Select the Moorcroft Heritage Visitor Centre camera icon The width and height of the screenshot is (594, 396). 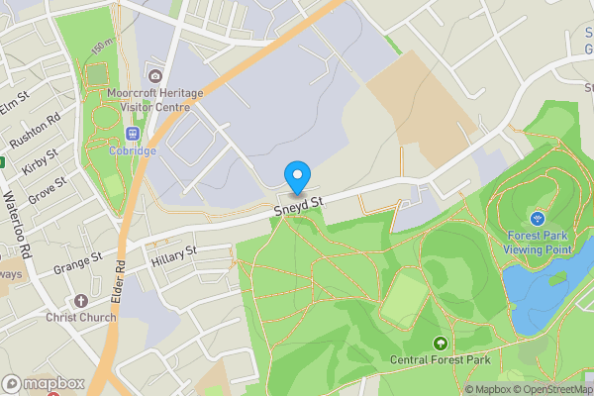click(154, 76)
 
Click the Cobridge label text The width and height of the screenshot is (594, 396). click(133, 150)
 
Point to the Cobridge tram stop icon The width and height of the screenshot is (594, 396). click(133, 133)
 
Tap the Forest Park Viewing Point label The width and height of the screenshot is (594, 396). click(540, 243)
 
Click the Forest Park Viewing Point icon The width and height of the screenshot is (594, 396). click(539, 218)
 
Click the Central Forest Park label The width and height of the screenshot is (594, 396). click(440, 360)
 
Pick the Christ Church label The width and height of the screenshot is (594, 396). click(81, 317)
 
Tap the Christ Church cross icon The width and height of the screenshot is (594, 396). click(81, 299)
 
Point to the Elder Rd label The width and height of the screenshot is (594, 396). click(120, 282)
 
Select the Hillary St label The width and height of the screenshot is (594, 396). click(174, 257)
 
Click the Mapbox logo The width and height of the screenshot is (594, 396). click(45, 383)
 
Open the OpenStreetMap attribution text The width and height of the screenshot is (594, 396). click(550, 389)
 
